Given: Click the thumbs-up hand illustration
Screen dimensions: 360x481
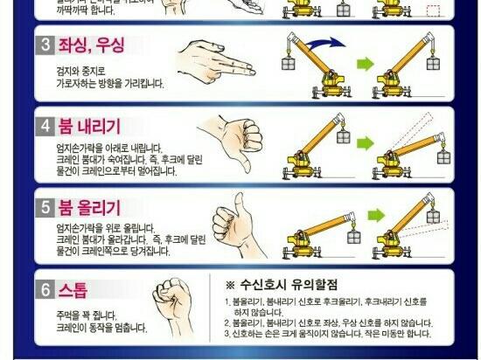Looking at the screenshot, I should tap(235, 225).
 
